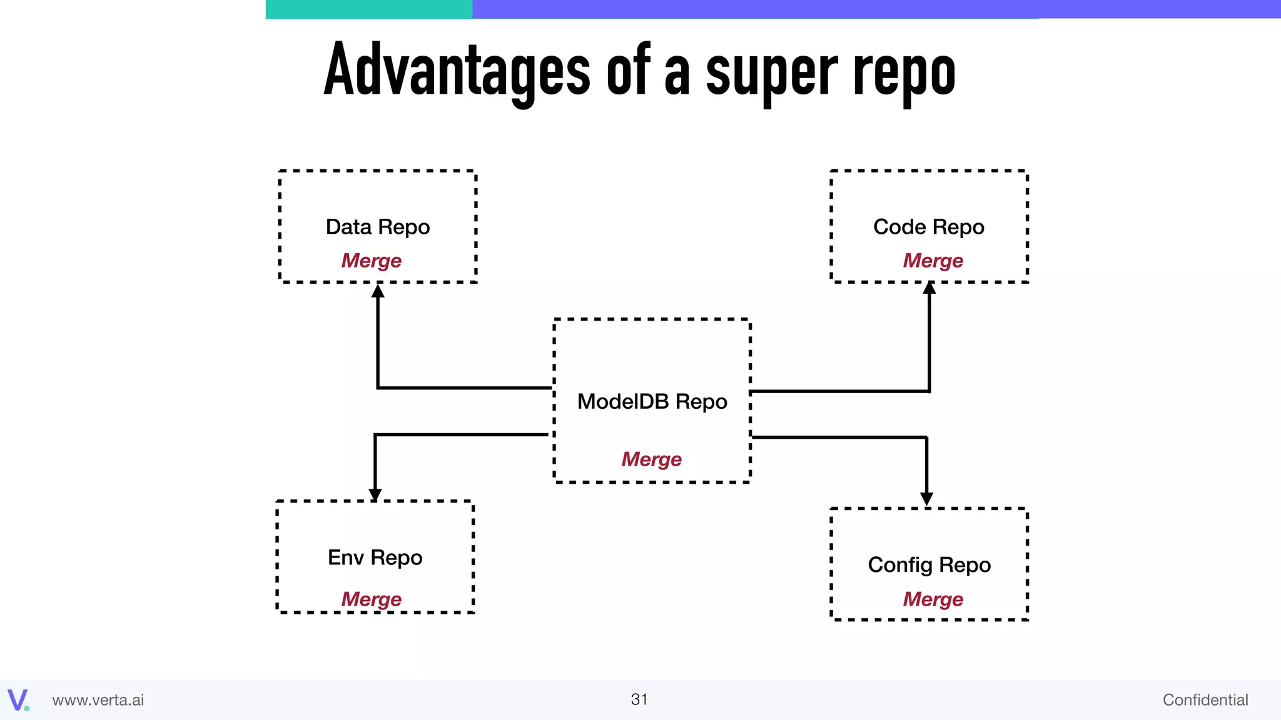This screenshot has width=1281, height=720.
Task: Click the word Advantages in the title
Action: pyautogui.click(x=457, y=70)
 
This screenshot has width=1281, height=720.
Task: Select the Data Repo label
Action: pyautogui.click(x=378, y=227)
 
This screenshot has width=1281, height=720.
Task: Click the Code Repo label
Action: pyautogui.click(x=928, y=227)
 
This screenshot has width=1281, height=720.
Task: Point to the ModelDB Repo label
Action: pyautogui.click(x=652, y=401)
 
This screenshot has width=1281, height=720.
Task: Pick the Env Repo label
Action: pyautogui.click(x=375, y=557)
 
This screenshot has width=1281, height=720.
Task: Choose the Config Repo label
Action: pyautogui.click(x=929, y=565)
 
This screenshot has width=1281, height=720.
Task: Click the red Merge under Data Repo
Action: pyautogui.click(x=371, y=261)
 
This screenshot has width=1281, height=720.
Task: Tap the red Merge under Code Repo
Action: pyautogui.click(x=933, y=261)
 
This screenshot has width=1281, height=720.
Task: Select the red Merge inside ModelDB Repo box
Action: pyautogui.click(x=651, y=459)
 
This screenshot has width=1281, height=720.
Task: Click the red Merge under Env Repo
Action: pyautogui.click(x=371, y=599)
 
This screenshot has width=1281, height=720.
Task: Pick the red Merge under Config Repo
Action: pyautogui.click(x=933, y=599)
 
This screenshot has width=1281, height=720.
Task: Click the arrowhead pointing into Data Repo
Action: pyautogui.click(x=378, y=291)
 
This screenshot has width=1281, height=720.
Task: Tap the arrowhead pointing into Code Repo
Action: pyautogui.click(x=929, y=288)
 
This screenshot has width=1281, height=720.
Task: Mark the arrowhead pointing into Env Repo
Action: pyautogui.click(x=375, y=494)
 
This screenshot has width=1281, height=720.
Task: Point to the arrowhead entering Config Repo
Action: pyautogui.click(x=926, y=499)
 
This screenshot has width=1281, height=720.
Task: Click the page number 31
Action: pyautogui.click(x=639, y=699)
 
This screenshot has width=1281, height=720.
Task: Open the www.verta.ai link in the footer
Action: pyautogui.click(x=98, y=700)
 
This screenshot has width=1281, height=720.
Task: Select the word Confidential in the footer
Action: pyautogui.click(x=1205, y=700)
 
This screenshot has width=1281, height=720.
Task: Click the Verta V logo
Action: pyautogui.click(x=18, y=699)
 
